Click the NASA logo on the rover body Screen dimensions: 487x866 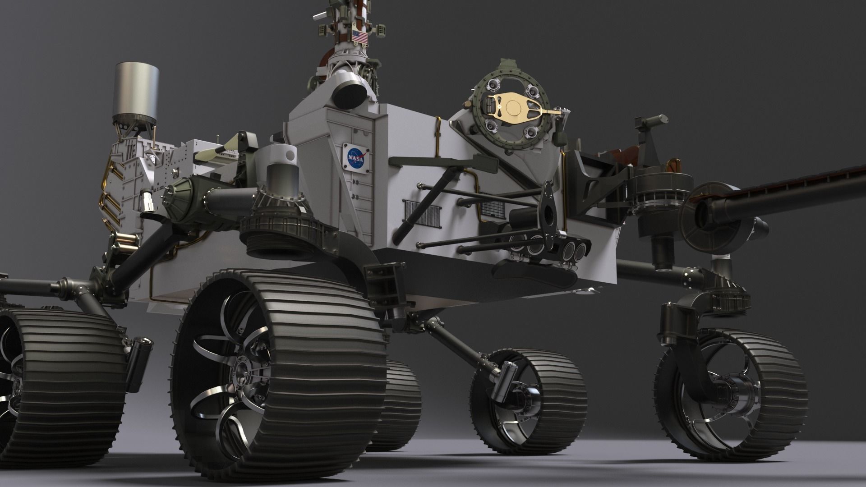[355, 158]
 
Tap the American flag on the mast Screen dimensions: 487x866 [359, 37]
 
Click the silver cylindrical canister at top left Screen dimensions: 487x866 [137, 92]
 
